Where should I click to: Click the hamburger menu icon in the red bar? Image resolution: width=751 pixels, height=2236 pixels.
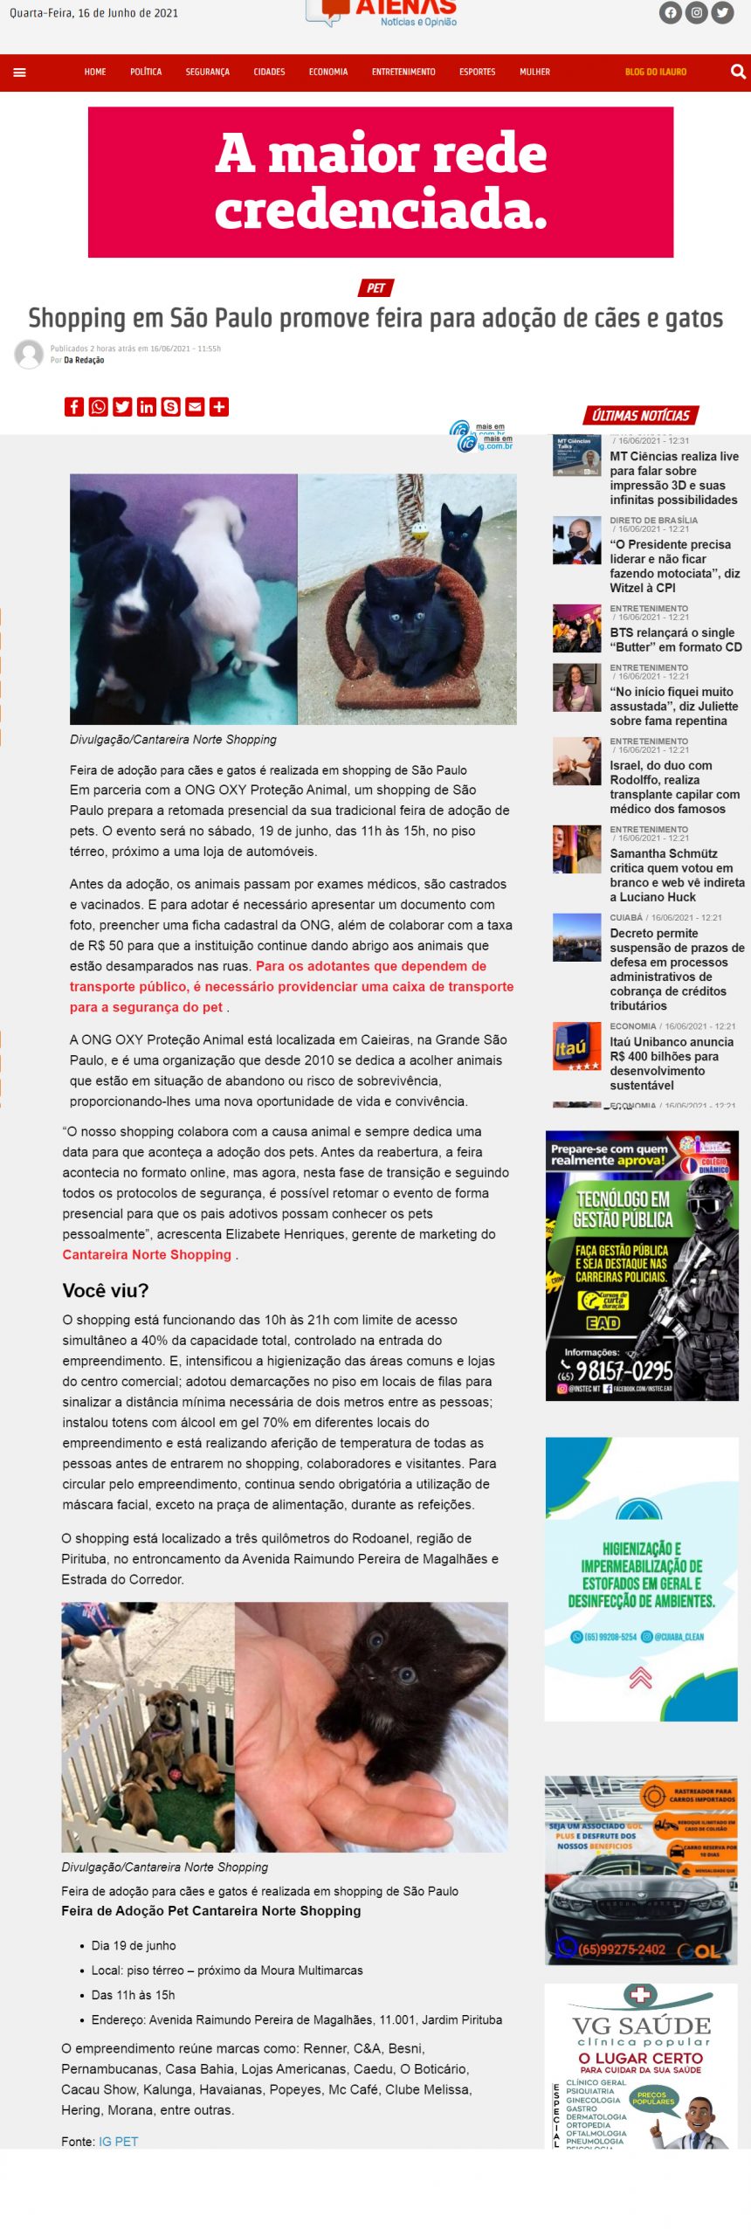point(19,72)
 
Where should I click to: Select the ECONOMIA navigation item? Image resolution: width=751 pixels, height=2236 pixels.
point(327,72)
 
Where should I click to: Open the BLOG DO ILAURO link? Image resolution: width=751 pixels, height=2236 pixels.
point(655,72)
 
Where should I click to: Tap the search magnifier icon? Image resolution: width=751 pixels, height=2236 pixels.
point(737,72)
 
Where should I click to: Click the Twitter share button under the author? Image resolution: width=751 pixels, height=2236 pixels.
point(122,406)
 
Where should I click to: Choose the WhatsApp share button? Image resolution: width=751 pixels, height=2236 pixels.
point(98,406)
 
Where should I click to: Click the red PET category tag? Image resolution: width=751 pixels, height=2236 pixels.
point(375,288)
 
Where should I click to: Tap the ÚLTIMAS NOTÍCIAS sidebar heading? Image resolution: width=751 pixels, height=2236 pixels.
point(640,416)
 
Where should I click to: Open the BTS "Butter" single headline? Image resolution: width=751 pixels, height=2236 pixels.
point(675,639)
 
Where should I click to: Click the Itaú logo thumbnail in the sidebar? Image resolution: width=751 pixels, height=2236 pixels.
point(576,1046)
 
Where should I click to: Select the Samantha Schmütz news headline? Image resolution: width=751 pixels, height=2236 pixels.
point(677,874)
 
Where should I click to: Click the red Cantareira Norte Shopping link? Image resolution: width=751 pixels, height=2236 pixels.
point(147,1254)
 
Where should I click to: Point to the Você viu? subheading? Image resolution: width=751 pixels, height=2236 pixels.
point(106,1290)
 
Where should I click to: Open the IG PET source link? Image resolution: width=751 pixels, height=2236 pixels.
point(118,2141)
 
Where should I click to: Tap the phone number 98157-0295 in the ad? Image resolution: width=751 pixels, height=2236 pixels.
point(624,1370)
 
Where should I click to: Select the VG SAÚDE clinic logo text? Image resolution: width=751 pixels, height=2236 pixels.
point(641,2026)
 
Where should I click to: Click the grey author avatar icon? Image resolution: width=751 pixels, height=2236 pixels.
point(29,354)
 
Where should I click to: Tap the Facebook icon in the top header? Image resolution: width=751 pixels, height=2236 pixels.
point(670,12)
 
